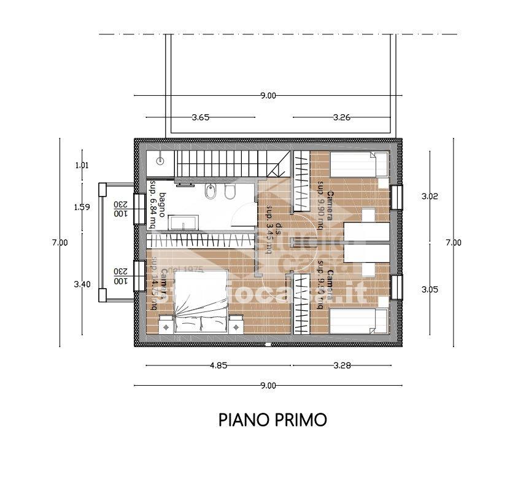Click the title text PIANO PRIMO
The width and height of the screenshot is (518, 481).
(x=273, y=420)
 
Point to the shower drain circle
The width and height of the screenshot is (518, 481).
(x=160, y=161)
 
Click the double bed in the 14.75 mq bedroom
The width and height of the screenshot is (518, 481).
(x=202, y=304)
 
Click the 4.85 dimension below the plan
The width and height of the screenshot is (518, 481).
(x=218, y=366)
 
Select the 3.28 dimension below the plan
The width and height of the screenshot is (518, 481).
(x=342, y=366)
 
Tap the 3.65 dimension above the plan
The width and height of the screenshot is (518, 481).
(x=200, y=117)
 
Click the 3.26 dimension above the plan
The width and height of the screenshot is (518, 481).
(x=341, y=117)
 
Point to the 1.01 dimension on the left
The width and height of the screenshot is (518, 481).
(x=82, y=165)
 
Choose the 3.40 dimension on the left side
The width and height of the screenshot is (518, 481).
(x=82, y=284)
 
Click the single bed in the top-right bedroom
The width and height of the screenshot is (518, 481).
(x=358, y=165)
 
